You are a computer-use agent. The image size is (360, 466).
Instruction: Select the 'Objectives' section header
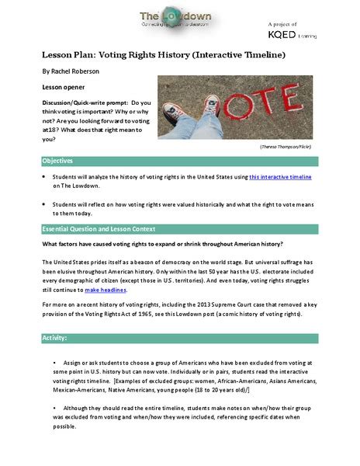point(58,161)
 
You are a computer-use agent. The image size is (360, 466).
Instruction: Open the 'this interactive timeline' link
point(279,178)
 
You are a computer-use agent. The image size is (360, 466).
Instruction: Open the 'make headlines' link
point(104,290)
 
